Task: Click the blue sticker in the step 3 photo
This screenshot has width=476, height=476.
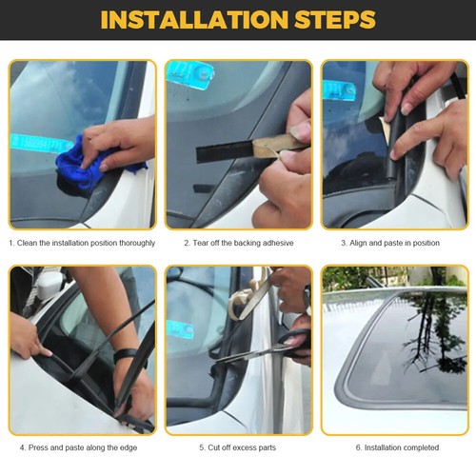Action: click(338, 90)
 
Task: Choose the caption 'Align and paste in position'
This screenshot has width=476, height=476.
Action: click(396, 243)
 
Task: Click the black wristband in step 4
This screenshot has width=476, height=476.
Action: click(124, 355)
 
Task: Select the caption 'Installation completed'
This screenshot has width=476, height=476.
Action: click(401, 447)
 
